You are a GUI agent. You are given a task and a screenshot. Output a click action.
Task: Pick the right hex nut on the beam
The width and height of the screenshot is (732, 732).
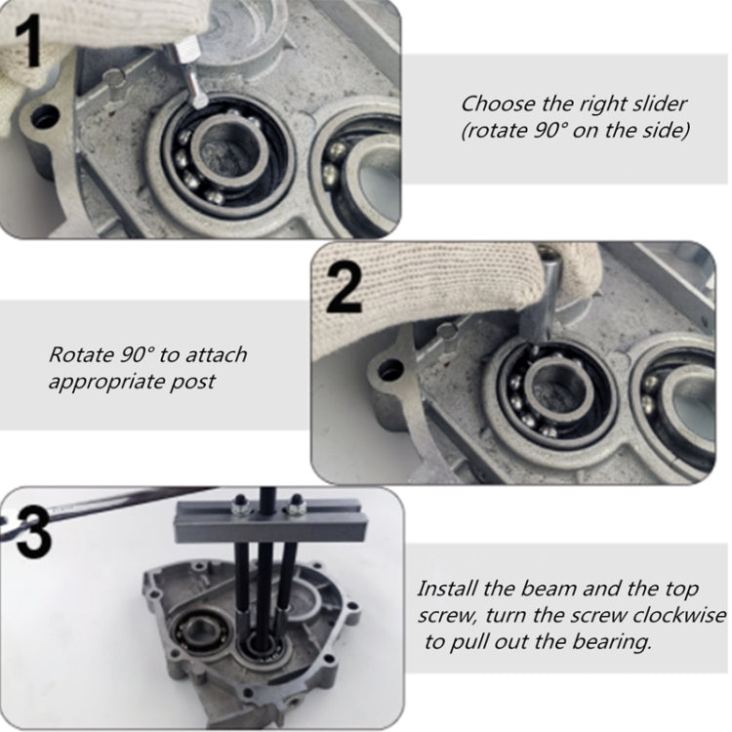pyautogui.click(x=293, y=507)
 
